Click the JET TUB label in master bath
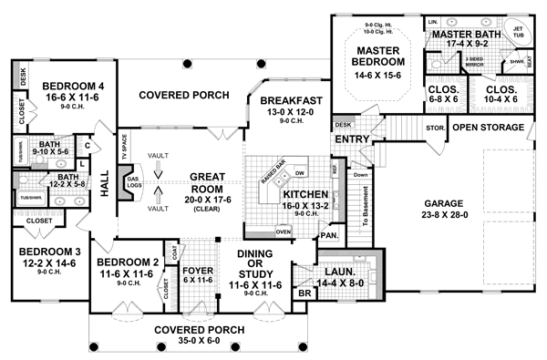point(517,34)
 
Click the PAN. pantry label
point(329,235)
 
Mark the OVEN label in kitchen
point(283,231)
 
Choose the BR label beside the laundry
point(304,294)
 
